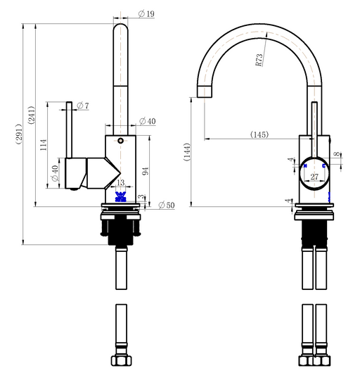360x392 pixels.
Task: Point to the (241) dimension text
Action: click(32, 115)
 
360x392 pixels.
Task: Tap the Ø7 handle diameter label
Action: click(82, 106)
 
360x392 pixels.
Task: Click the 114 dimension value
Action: click(44, 145)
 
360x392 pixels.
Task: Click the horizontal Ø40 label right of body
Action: click(147, 122)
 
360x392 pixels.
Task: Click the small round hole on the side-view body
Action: click(120, 141)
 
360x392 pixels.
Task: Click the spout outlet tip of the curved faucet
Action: click(204, 92)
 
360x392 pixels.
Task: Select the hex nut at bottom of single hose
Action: click(121, 361)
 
